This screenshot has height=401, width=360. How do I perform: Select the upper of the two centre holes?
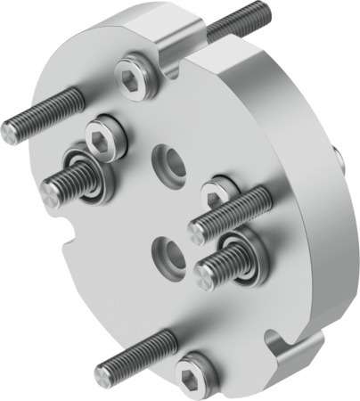(168, 161)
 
